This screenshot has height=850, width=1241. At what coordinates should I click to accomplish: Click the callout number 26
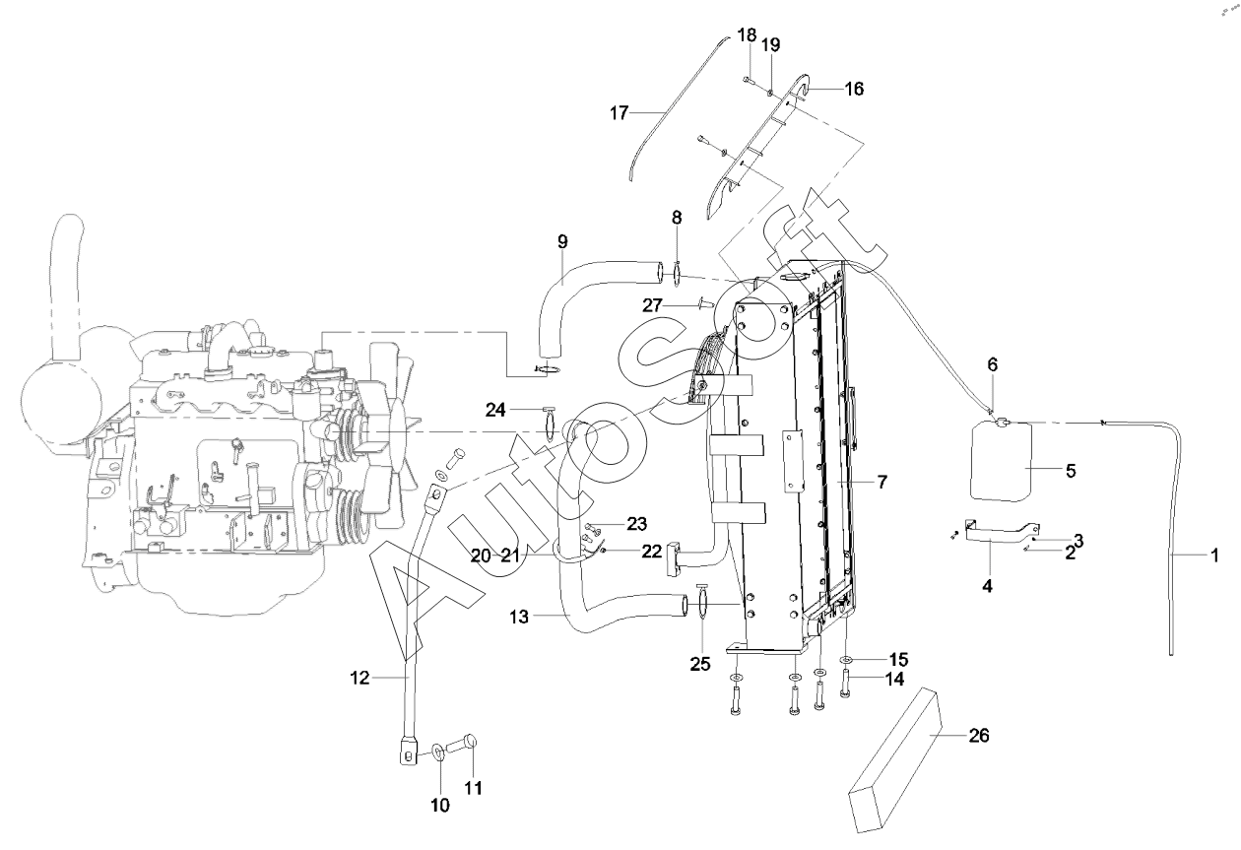point(979,736)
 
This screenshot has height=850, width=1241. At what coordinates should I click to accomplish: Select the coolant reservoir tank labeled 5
point(1001,460)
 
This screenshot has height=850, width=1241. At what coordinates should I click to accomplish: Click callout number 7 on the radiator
point(882,482)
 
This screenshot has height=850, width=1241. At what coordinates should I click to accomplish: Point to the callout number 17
point(619,113)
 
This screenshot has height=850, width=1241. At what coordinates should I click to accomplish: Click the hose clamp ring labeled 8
point(678,269)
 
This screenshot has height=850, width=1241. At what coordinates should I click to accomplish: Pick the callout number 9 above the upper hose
point(562,241)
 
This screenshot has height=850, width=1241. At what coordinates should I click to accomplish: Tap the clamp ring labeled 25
point(700,607)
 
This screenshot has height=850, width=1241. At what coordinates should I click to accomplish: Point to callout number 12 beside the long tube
point(360,677)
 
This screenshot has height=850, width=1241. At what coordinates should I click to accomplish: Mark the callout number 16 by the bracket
point(853,89)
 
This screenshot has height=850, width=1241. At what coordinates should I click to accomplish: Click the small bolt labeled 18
point(747,78)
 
